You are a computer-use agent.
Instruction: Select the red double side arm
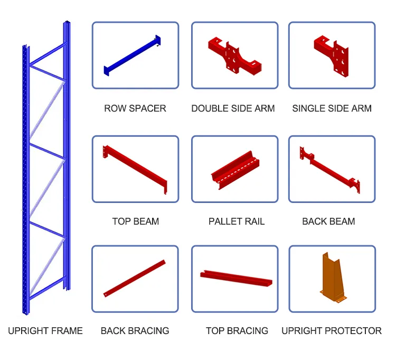click(x=232, y=55)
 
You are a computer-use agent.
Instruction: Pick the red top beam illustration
click(x=135, y=169)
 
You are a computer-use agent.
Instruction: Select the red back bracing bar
click(x=135, y=278)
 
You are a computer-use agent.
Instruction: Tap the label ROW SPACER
click(x=135, y=108)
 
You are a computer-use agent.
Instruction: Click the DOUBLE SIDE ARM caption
click(x=233, y=108)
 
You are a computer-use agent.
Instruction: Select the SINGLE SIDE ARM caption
click(x=332, y=108)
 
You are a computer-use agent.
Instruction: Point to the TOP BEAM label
click(x=135, y=221)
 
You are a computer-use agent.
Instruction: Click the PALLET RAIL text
click(x=236, y=221)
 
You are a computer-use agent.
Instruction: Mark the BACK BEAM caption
click(x=328, y=221)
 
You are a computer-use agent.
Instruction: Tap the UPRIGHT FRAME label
click(x=45, y=331)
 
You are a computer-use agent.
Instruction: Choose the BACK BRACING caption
click(x=135, y=331)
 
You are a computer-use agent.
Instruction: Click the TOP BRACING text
click(x=237, y=331)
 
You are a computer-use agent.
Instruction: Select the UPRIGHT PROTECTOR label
click(x=331, y=331)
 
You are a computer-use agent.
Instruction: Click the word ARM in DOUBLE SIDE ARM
click(x=265, y=108)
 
